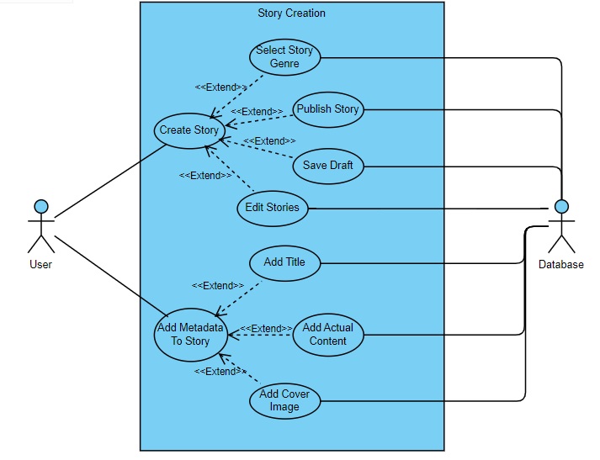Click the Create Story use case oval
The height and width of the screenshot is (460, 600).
tap(188, 130)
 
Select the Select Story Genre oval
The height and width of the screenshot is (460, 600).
tap(284, 57)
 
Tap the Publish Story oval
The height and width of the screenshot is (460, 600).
tap(327, 109)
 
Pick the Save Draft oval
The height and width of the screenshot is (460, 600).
tap(328, 166)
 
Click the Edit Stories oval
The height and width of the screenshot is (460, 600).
tap(272, 208)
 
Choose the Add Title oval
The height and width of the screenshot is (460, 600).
tap(284, 262)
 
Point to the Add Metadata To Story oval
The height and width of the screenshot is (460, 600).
tap(190, 335)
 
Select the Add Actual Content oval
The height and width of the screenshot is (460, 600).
tap(328, 335)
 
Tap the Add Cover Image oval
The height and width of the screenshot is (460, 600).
tap(284, 401)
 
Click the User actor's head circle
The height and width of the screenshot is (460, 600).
tap(40, 206)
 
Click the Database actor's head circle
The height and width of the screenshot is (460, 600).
tap(561, 207)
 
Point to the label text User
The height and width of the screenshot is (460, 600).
tap(40, 264)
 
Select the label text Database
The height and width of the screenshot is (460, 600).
tap(561, 264)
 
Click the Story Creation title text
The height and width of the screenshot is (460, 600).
tap(291, 13)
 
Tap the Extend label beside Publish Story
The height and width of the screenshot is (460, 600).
tap(257, 112)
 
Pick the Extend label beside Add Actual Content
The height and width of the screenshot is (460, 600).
tap(266, 329)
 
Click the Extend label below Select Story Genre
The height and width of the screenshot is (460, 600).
tap(221, 87)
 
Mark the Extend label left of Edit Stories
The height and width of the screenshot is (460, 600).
tap(205, 176)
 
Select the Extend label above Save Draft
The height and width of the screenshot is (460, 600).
tap(269, 141)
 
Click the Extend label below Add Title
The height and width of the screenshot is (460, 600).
tap(218, 286)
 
